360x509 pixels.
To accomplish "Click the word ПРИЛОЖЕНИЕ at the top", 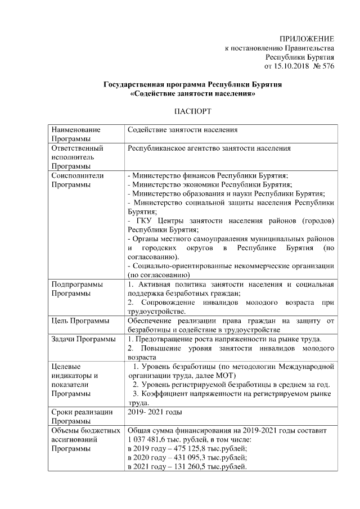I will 307,38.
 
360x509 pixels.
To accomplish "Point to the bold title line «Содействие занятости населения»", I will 193,94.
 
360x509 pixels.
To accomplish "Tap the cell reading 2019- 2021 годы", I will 155,413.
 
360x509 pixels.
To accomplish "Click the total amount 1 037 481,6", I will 148,440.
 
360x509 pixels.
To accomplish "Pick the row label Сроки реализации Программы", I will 79,417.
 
